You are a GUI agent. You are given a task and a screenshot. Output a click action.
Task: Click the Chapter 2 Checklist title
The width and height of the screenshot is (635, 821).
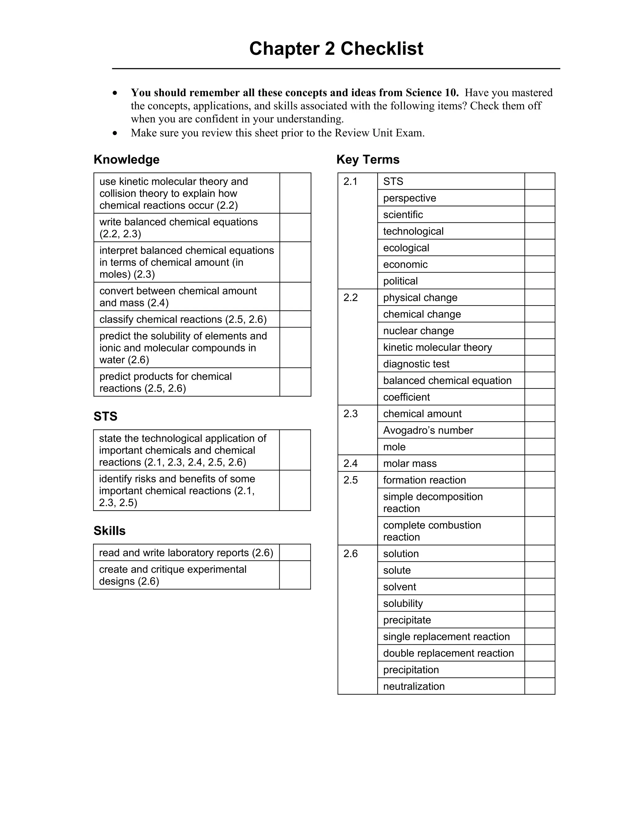click(x=336, y=49)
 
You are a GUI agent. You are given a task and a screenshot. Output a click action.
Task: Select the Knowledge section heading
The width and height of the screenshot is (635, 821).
click(x=127, y=159)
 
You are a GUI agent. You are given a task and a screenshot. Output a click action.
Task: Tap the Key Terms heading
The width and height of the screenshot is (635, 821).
click(x=367, y=159)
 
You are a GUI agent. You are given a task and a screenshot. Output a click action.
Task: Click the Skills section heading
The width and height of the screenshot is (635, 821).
click(x=109, y=530)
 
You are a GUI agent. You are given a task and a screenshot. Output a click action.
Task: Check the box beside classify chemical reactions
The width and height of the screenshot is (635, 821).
click(x=295, y=319)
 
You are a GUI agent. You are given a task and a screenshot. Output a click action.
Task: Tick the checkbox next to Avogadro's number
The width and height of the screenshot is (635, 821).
click(x=540, y=430)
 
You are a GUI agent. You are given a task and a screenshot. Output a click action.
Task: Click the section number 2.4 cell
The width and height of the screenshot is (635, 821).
click(x=350, y=463)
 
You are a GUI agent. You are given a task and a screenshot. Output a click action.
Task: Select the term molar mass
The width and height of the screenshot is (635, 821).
click(x=410, y=463)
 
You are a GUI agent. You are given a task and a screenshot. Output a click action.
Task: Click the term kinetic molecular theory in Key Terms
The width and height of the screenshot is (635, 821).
click(x=437, y=347)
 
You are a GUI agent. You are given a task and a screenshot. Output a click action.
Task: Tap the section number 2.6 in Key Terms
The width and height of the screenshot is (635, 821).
click(x=350, y=554)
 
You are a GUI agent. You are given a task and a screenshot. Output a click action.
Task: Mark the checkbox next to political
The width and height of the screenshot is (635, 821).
click(x=540, y=281)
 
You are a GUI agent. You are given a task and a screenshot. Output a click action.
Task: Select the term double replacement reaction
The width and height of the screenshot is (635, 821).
click(x=448, y=653)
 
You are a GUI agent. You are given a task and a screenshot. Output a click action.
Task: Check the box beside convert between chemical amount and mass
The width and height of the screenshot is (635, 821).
click(x=295, y=296)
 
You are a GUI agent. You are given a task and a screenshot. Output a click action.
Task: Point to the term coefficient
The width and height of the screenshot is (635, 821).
click(x=406, y=397)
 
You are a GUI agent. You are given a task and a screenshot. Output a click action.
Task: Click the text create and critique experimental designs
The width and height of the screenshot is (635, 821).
click(x=172, y=575)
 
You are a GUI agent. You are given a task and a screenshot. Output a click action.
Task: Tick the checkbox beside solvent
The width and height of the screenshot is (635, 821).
click(x=540, y=587)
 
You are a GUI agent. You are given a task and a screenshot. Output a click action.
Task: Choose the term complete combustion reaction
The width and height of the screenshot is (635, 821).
click(x=432, y=531)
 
